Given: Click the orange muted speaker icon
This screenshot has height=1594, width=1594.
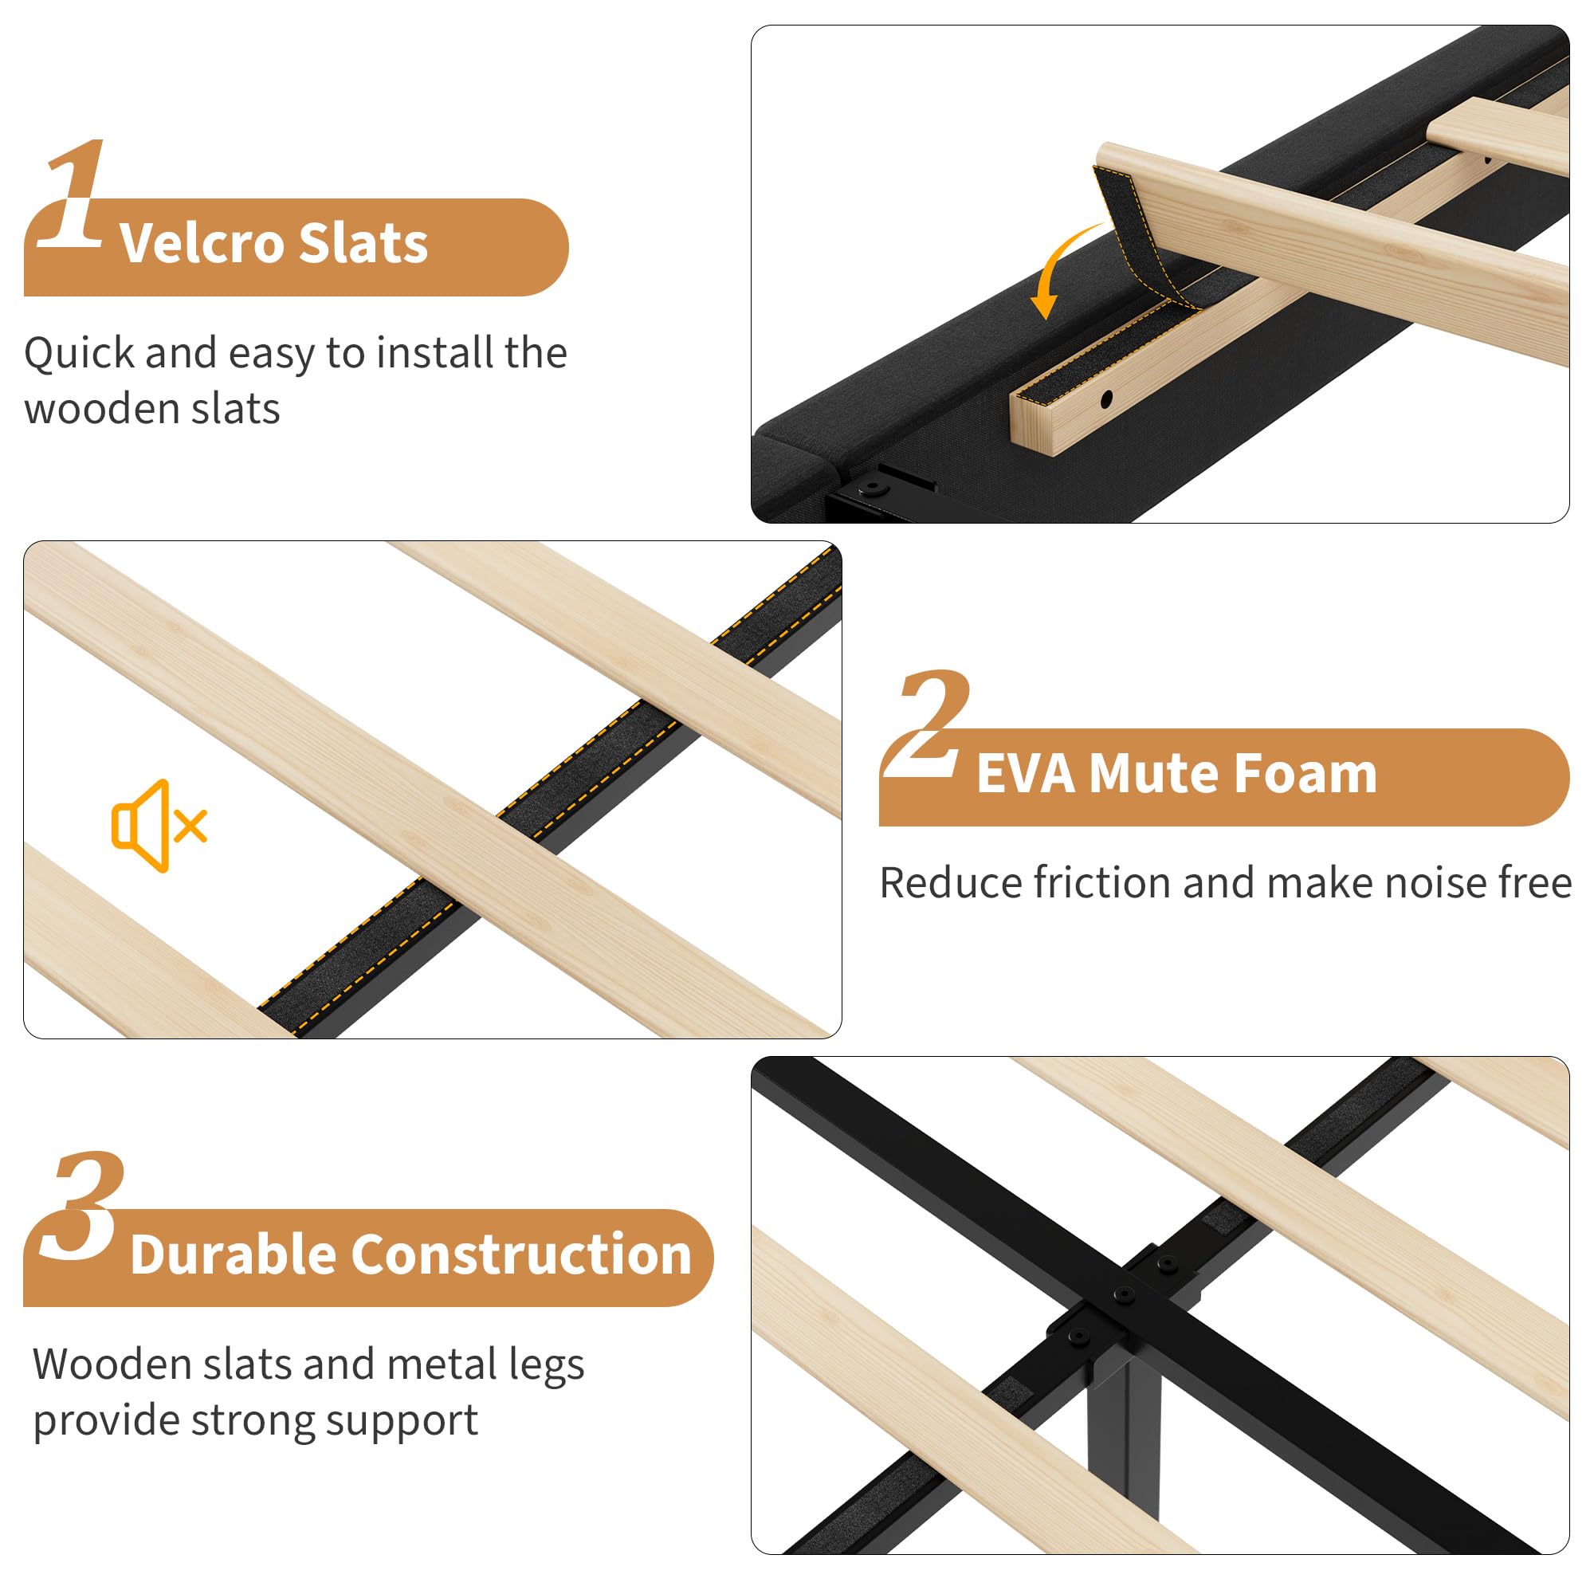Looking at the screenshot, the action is tap(159, 825).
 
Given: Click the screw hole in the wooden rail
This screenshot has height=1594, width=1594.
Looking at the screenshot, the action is tap(1106, 399).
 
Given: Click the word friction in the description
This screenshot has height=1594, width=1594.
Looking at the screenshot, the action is tap(1101, 883).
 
